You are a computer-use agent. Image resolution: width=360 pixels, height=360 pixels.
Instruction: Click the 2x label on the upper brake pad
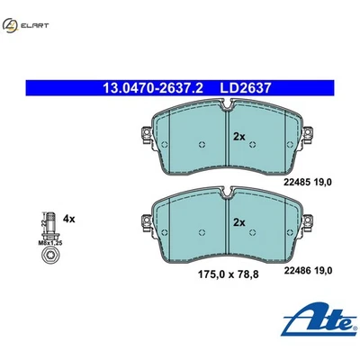tap(239, 137)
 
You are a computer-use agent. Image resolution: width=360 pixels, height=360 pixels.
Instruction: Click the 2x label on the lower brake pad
tap(239, 222)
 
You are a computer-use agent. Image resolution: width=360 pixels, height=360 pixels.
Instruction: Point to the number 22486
tap(298, 266)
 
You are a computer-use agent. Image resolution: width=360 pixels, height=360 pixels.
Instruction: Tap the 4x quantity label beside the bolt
tap(69, 218)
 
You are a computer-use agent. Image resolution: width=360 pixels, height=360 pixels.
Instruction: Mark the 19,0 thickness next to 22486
tap(325, 266)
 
